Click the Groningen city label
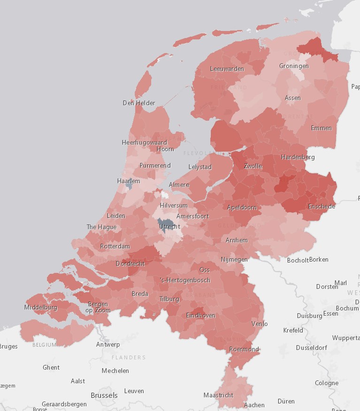pos(294,66)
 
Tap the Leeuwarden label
pos(227,69)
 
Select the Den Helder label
pos(139,103)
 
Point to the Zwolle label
pos(253,166)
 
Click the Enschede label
pos(322,207)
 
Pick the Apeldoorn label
pos(242,207)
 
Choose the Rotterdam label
pos(115,246)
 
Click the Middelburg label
pos(40,308)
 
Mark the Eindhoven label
pos(200,316)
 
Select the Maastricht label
pos(218,395)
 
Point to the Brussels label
pos(104,395)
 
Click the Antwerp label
pos(108,344)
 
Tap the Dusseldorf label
pos(311,348)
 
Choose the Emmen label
pos(321,128)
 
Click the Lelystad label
pos(200,167)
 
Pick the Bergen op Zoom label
pos(98,307)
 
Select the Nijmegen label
pos(234,259)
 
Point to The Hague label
pos(101,227)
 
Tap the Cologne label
pos(327,383)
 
